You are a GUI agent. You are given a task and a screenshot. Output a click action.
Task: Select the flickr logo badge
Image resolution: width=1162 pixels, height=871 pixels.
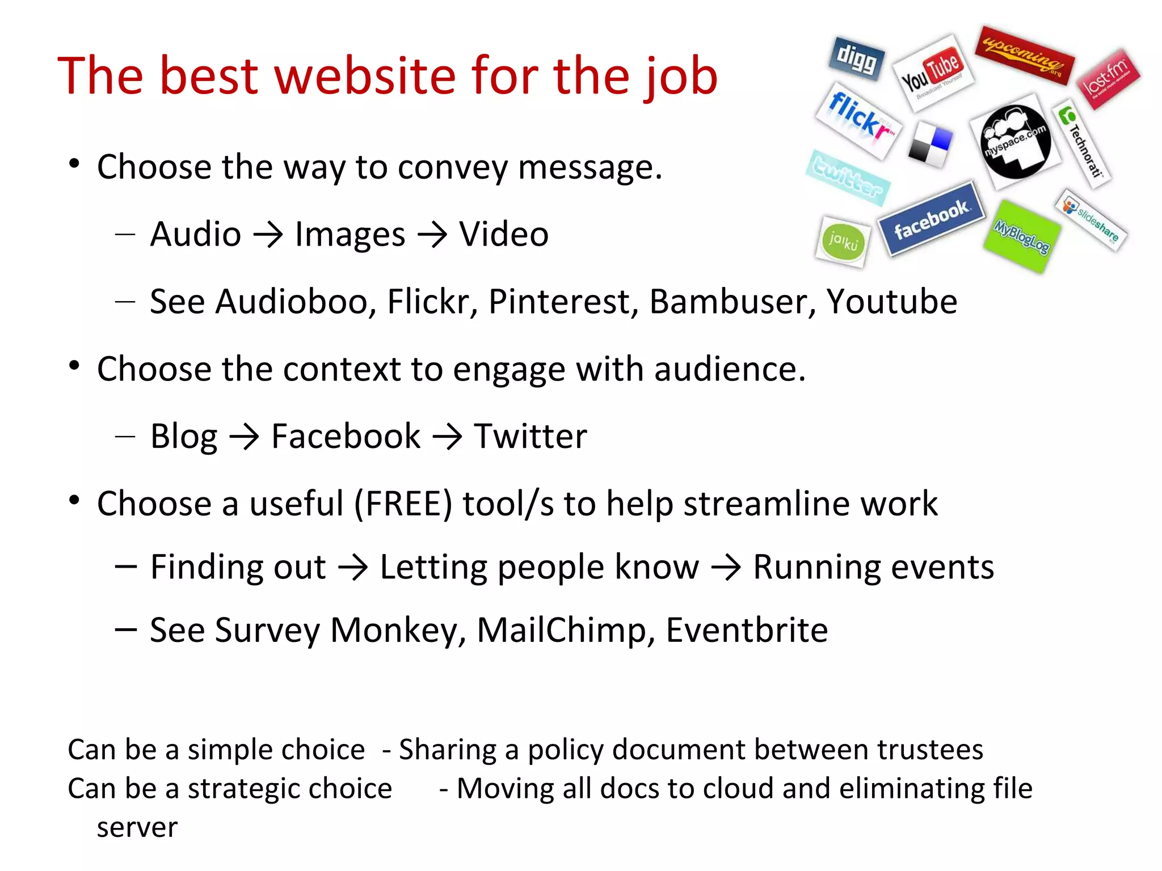[x=858, y=120]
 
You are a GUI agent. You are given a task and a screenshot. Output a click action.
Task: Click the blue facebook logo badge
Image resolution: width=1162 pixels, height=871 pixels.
[x=931, y=219]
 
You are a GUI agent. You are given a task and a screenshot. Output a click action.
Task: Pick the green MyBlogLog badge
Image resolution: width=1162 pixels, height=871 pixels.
[x=1022, y=236]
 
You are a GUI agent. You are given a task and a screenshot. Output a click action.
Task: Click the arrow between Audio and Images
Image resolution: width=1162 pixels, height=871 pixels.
[x=268, y=235]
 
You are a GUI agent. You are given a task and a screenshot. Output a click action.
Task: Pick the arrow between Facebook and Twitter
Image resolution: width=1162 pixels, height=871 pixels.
[x=447, y=437]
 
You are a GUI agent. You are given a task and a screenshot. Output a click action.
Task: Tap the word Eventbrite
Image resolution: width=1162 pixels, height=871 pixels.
[x=747, y=630]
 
